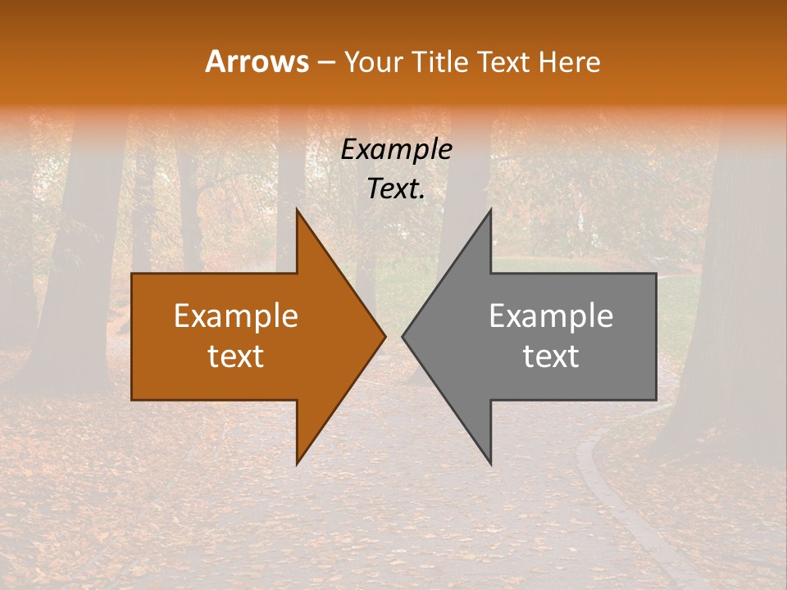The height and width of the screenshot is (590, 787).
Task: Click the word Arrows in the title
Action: coord(257,61)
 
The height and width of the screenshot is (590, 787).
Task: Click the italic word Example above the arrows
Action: coord(396,150)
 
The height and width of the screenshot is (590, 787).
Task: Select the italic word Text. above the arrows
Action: coord(396,189)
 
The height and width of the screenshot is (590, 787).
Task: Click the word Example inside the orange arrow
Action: coord(236,316)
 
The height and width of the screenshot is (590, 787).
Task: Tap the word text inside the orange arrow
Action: coord(236,356)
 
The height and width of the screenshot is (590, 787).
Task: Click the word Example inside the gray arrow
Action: coord(551,316)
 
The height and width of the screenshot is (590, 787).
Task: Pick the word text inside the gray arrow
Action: coord(551,356)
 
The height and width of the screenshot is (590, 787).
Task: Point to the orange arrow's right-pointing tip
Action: coord(384,336)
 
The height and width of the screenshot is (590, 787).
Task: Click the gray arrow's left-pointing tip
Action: coord(404,336)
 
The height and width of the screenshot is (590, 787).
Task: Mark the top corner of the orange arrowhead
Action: coord(298,211)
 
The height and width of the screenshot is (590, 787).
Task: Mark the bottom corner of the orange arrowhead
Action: coord(298,462)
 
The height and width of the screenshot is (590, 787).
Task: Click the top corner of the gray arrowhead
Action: coord(490,211)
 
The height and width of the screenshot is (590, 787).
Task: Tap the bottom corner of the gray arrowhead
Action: coord(490,462)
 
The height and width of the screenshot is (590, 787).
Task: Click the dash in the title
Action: coord(325,62)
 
